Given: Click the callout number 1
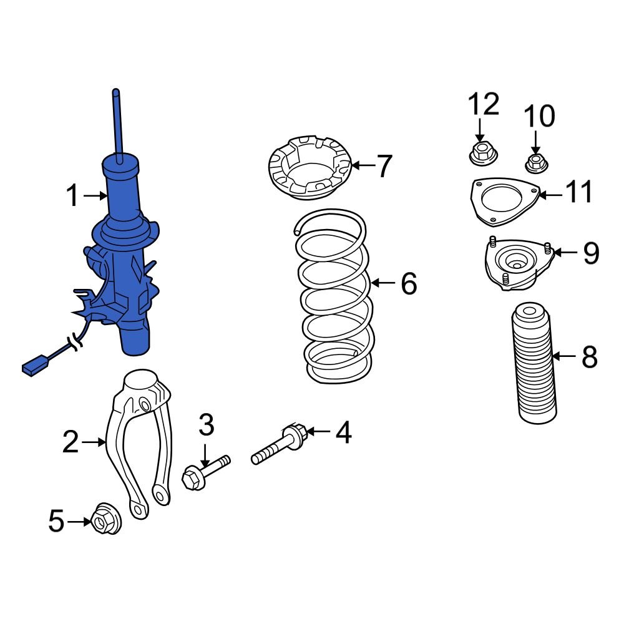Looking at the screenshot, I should point(73,197).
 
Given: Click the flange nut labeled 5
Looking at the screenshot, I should point(106,520).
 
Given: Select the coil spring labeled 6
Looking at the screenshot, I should point(336,300).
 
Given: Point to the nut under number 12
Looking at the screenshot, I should point(480,153).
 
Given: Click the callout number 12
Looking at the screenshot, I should point(484,104).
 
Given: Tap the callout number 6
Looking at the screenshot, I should point(408,284).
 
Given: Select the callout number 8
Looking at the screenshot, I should point(589,358).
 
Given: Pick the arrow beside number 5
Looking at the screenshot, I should point(79,521).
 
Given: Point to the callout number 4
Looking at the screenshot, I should point(343,432).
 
